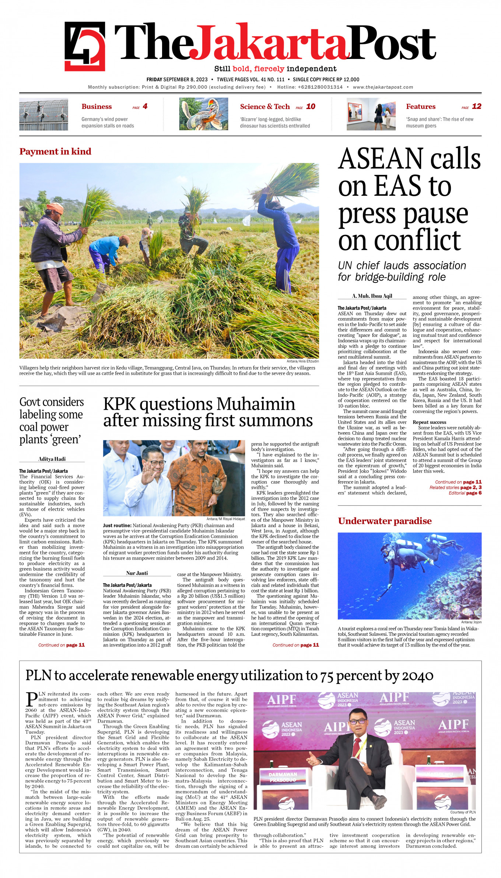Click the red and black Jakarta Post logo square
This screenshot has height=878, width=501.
pyautogui.click(x=85, y=46)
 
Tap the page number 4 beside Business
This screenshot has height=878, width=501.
pyautogui.click(x=145, y=106)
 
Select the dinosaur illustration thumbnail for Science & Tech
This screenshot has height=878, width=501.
pyautogui.click(x=204, y=114)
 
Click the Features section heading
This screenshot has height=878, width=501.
pyautogui.click(x=421, y=106)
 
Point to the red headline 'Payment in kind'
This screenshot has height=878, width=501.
pyautogui.click(x=55, y=151)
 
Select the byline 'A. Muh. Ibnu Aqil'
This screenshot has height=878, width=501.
pyautogui.click(x=372, y=296)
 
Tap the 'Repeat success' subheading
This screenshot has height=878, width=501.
pyautogui.click(x=429, y=422)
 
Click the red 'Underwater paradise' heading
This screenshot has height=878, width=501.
pyautogui.click(x=385, y=521)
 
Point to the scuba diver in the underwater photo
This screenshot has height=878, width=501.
pyautogui.click(x=409, y=552)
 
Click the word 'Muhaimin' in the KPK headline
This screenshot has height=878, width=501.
pyautogui.click(x=256, y=404)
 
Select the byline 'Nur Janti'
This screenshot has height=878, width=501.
pyautogui.click(x=137, y=573)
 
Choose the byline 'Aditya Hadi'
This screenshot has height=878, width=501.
pyautogui.click(x=52, y=459)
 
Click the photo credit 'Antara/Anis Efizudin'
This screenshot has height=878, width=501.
pyautogui.click(x=302, y=361)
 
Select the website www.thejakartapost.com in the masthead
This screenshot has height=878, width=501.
pyautogui.click(x=383, y=87)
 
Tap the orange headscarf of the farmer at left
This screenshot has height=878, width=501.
pyautogui.click(x=55, y=207)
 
